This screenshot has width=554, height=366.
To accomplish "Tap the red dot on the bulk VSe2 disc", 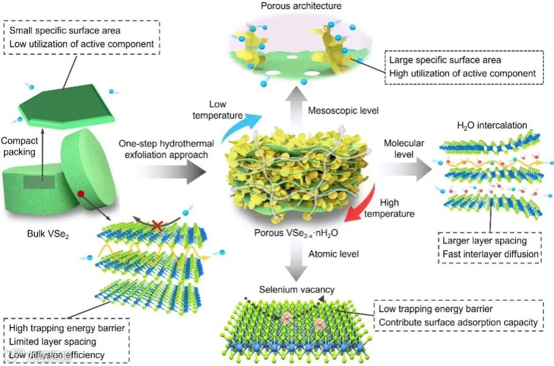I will pyautogui.click(x=81, y=194).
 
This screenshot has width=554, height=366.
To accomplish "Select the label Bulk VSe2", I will pyautogui.click(x=47, y=234).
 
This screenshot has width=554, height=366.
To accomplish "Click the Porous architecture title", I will pyautogui.click(x=294, y=6).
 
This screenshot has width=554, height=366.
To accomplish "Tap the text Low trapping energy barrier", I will pyautogui.click(x=436, y=309).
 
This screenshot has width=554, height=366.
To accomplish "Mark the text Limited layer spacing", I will pyautogui.click(x=53, y=341).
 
